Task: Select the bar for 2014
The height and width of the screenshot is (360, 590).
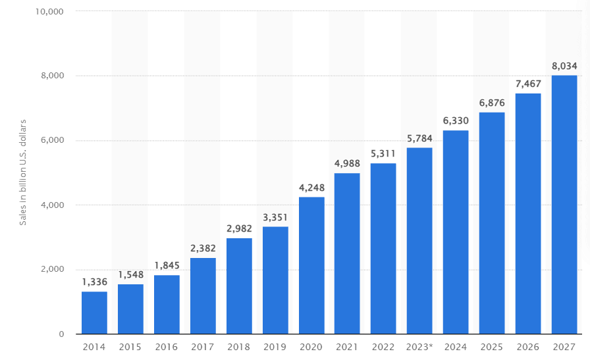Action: click(94, 313)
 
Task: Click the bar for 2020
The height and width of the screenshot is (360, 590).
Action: click(311, 265)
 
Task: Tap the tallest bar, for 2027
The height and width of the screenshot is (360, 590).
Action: click(564, 205)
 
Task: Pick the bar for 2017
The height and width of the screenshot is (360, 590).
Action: click(203, 296)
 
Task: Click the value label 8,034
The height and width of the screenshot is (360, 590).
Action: click(564, 66)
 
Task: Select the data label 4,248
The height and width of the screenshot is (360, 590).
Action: click(311, 188)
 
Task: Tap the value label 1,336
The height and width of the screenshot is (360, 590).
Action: click(94, 282)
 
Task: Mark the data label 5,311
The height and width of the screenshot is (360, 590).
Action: click(383, 153)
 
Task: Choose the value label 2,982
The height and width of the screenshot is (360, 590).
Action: click(239, 228)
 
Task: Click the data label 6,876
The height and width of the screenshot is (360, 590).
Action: click(492, 103)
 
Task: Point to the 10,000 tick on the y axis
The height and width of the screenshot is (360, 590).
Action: click(49, 12)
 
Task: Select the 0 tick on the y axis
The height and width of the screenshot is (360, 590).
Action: click(61, 334)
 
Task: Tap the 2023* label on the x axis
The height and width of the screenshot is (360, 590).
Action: click(419, 347)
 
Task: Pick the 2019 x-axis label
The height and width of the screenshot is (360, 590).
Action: click(275, 347)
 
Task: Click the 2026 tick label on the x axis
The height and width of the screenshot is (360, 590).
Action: click(528, 347)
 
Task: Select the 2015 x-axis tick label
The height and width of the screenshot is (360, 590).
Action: click(130, 347)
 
